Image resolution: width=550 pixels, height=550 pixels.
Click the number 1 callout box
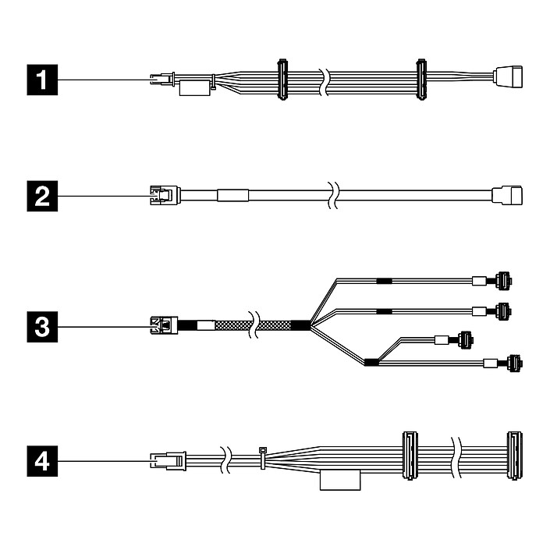click(42, 79)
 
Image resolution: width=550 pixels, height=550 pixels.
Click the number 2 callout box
click(42, 194)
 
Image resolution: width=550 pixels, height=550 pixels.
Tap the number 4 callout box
click(42, 462)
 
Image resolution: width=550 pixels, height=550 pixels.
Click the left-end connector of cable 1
click(159, 79)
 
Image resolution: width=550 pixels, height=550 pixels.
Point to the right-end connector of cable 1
click(507, 76)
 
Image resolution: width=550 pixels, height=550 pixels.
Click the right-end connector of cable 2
click(507, 193)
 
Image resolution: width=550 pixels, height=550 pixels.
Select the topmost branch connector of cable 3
click(503, 280)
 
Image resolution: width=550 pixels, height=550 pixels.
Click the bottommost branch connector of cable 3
click(513, 362)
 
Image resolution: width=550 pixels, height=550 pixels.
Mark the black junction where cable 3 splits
click(300, 325)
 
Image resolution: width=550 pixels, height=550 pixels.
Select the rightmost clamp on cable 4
click(513, 454)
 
